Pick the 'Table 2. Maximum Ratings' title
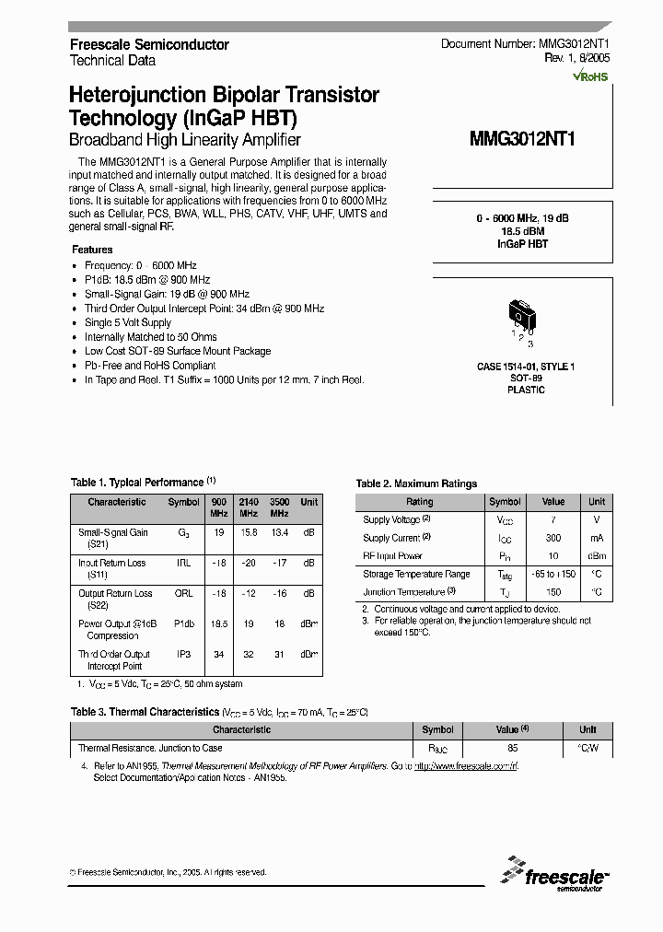[x=416, y=483]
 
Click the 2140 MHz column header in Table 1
[x=248, y=507]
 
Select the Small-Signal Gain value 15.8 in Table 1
[x=248, y=532]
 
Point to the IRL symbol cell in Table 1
[x=184, y=563]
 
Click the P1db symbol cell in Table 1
[x=184, y=623]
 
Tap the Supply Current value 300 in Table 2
[x=552, y=538]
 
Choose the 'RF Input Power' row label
[x=392, y=556]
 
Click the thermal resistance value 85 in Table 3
[x=512, y=749]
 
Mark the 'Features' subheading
[x=92, y=250]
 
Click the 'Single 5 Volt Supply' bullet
[x=128, y=322]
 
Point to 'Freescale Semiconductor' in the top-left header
[x=149, y=44]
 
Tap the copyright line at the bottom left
[x=168, y=871]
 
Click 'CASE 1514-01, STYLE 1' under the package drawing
[x=525, y=367]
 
